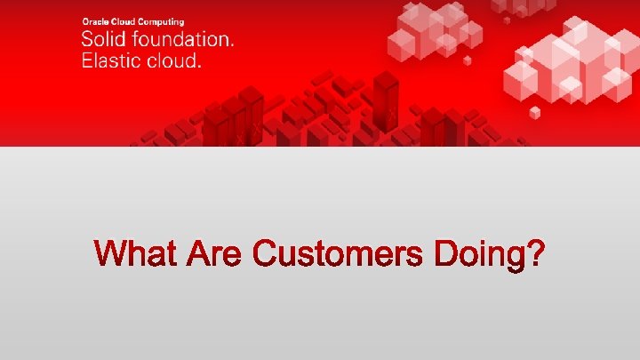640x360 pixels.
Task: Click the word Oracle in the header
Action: (x=94, y=20)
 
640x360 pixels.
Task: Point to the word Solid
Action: (x=102, y=40)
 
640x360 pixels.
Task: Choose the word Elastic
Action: (x=113, y=61)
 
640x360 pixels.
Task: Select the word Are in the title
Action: (x=214, y=253)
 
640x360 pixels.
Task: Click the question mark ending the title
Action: (x=534, y=253)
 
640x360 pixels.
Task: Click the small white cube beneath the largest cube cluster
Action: (x=535, y=112)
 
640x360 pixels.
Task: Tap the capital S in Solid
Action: (x=88, y=40)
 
